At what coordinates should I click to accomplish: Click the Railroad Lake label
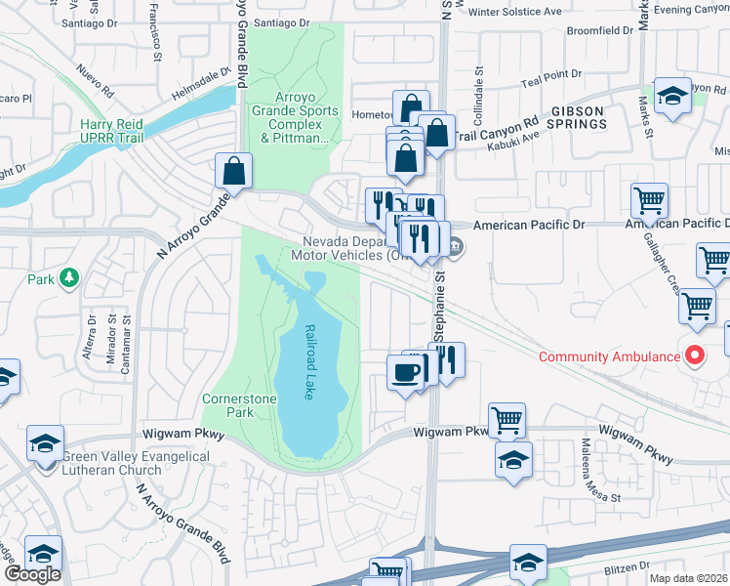310,364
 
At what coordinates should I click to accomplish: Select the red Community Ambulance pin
694,356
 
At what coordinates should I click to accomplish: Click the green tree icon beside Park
68,278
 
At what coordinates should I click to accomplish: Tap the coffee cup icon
404,372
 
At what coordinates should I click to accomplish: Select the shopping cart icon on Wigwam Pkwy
507,420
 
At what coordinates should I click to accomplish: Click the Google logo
32,574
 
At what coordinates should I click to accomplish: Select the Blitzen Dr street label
621,565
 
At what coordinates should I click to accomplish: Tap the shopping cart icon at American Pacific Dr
649,200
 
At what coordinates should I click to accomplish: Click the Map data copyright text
689,578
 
